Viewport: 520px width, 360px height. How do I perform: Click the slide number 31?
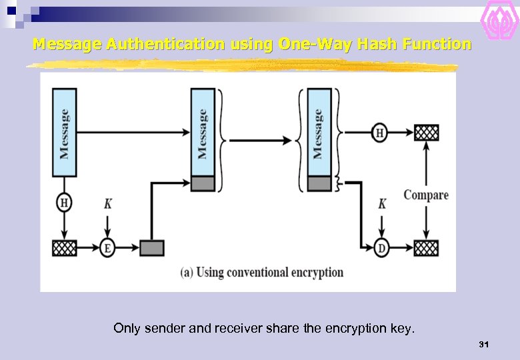click(x=484, y=344)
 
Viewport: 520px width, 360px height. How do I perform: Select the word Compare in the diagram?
click(x=426, y=195)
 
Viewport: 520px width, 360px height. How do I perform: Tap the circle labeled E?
click(x=107, y=248)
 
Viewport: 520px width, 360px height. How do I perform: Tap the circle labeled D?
click(x=381, y=248)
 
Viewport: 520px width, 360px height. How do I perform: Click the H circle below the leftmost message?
click(x=65, y=203)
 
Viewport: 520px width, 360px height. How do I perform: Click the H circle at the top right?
click(x=379, y=133)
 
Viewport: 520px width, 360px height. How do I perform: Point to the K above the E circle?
click(x=107, y=204)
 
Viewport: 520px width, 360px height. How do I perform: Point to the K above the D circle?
click(x=382, y=204)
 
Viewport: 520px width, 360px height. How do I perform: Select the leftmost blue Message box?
click(x=65, y=133)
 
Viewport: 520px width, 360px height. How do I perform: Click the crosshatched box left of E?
click(x=65, y=248)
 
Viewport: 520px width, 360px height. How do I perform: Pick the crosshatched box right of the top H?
click(x=427, y=132)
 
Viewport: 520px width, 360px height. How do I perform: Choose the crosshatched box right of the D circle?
click(x=427, y=248)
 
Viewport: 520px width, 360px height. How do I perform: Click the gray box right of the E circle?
click(x=152, y=248)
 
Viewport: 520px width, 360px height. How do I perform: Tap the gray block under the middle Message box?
click(x=203, y=184)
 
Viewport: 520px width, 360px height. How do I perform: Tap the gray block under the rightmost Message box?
click(x=319, y=184)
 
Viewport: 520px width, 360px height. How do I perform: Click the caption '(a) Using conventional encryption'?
click(x=261, y=272)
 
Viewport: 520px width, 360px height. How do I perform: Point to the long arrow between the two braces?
click(x=260, y=140)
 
